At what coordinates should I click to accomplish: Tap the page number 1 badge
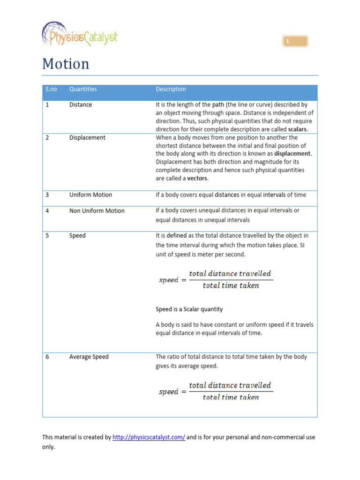click(295, 42)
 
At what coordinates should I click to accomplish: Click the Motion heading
click(66, 64)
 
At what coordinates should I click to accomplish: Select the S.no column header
click(51, 89)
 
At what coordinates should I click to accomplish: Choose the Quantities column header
click(83, 89)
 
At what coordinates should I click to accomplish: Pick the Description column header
click(171, 89)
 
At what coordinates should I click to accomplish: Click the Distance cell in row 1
click(81, 105)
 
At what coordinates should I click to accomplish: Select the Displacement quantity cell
click(87, 137)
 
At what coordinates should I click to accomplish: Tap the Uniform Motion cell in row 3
click(90, 195)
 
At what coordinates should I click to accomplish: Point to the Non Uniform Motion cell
click(97, 210)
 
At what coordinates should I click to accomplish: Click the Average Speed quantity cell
click(89, 357)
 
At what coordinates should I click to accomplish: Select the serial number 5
click(47, 235)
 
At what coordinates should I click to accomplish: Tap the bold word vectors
click(197, 179)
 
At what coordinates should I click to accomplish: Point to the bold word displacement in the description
click(292, 154)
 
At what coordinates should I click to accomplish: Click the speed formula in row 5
click(215, 279)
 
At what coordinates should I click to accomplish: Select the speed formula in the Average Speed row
click(215, 391)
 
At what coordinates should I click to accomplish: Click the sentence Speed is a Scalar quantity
click(189, 309)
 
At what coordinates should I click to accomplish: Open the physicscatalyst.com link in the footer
click(149, 437)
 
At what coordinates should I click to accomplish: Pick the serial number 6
click(47, 357)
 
